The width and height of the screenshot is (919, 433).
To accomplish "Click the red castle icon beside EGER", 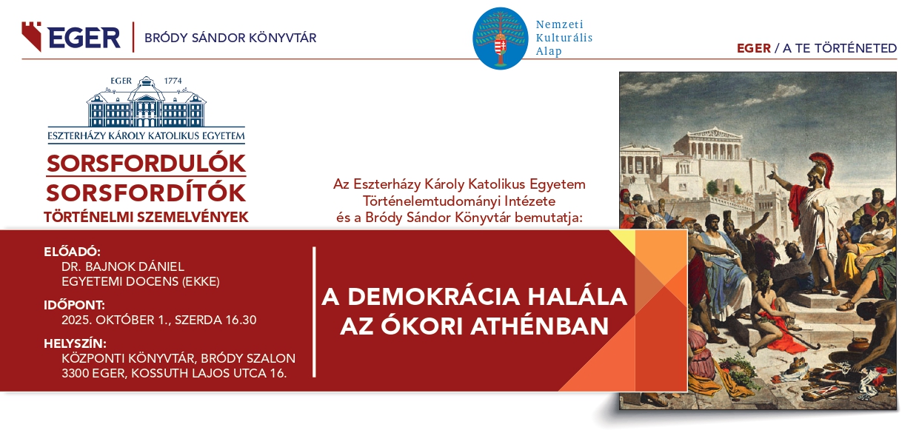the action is coord(32,36).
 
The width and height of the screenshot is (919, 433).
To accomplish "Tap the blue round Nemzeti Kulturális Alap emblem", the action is coord(500,38).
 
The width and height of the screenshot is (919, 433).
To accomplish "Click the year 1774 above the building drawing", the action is coord(173,81).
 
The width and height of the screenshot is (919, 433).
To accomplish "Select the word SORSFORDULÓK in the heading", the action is coord(146,164).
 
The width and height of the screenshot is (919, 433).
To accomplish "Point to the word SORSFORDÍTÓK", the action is coord(146,193).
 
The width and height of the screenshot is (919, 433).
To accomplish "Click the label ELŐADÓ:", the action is coord(73,252).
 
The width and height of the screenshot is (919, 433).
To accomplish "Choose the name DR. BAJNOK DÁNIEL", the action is coord(123,267).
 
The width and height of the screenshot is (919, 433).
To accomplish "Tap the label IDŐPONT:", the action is coord(74,305).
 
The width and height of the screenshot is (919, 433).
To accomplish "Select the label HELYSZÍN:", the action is coord(75,343).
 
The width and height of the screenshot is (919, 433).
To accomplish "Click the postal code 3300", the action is coord(75,374).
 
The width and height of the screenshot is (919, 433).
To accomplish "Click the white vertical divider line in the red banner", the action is coord(314,312).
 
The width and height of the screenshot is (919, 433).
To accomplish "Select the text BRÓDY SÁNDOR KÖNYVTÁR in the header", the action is coord(230,38).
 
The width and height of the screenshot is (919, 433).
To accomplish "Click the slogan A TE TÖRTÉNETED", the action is coord(840,48).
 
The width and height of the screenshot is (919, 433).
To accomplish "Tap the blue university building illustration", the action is coord(146,102).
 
